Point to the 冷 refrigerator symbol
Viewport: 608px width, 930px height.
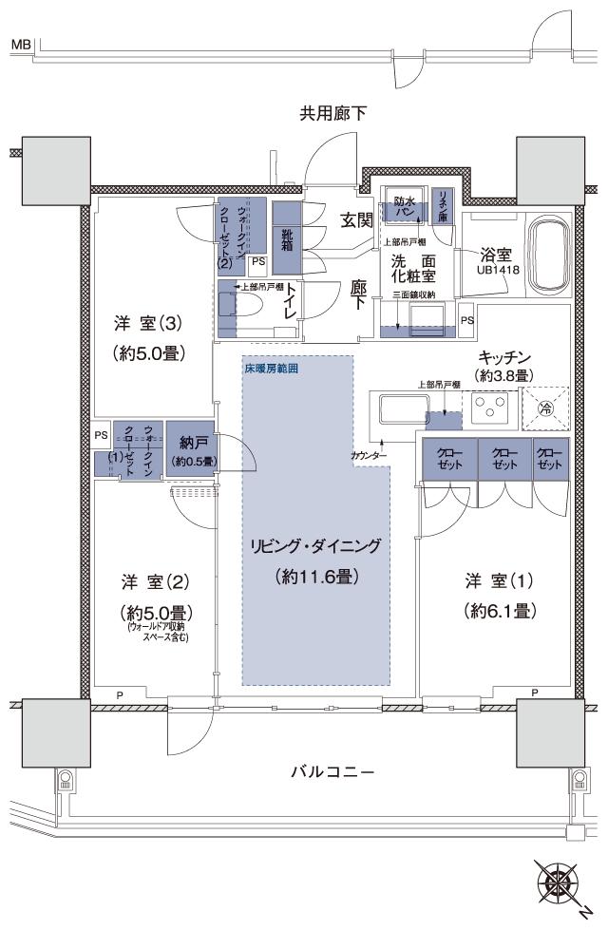coord(544,409)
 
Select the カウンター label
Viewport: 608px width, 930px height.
coord(369,457)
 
